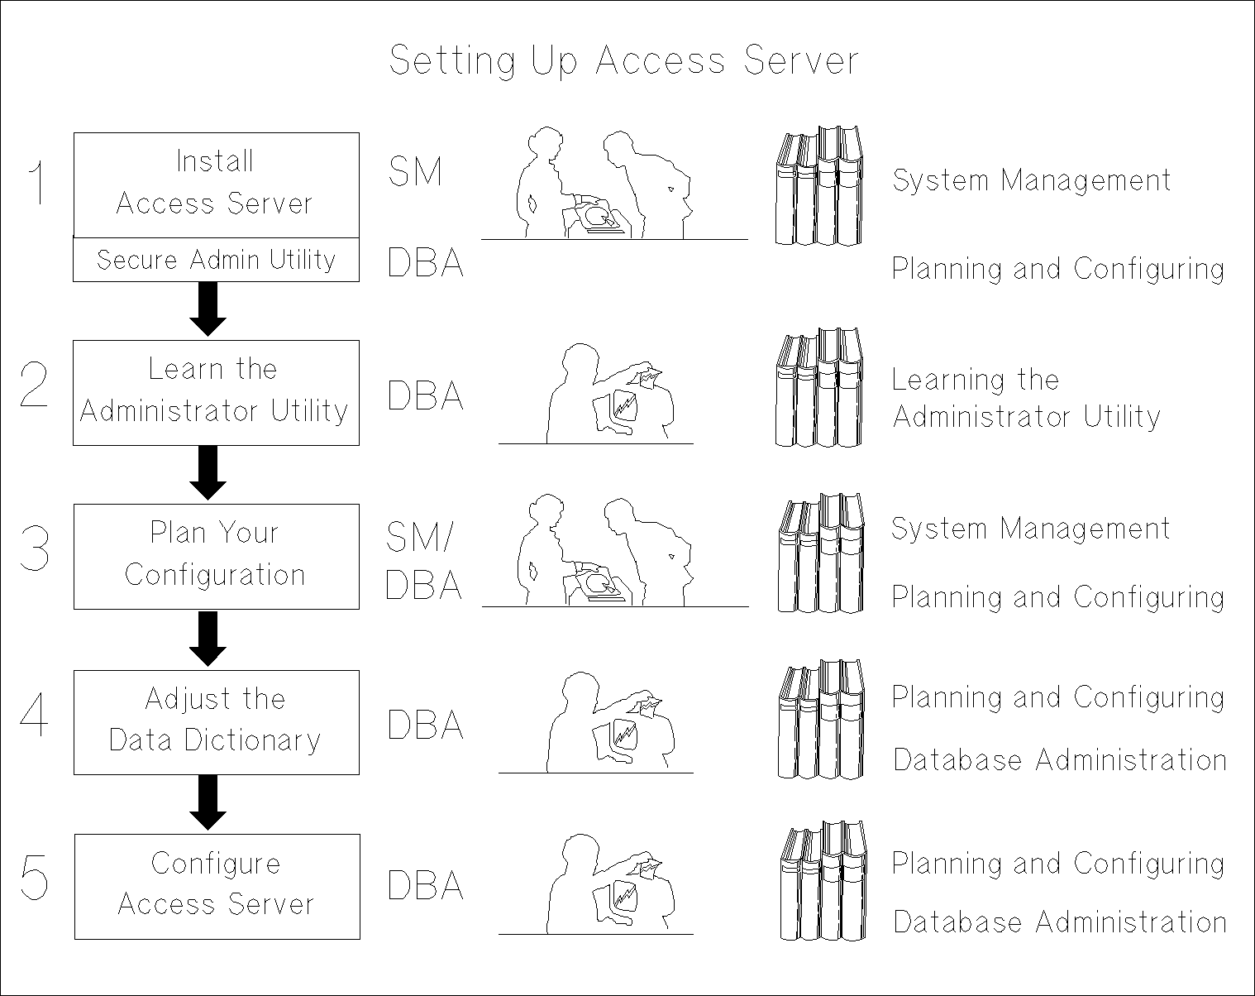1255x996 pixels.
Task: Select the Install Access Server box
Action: (x=216, y=184)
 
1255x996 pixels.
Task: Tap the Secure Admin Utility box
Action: (x=216, y=260)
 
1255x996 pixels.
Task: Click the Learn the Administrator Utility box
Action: (x=216, y=392)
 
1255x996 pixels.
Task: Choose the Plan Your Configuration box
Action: (x=216, y=556)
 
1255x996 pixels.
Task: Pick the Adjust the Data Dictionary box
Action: (x=216, y=721)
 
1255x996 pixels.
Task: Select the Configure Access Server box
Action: (x=217, y=886)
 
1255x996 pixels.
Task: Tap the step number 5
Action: (x=35, y=879)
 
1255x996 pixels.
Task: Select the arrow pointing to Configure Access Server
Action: (x=208, y=802)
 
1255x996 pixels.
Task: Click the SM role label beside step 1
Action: (x=415, y=172)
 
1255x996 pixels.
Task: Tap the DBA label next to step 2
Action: (x=425, y=395)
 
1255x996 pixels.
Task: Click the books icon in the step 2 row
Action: (x=818, y=388)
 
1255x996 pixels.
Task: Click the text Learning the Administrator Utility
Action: (x=1025, y=398)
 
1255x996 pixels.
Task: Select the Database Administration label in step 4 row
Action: (x=1059, y=760)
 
